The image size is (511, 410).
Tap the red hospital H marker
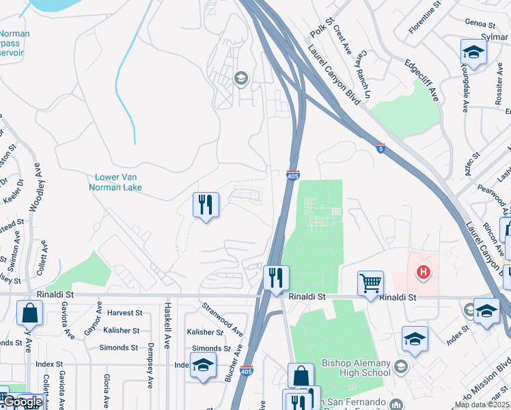coord(424,272)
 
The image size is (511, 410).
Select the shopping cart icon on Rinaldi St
coord(370,281)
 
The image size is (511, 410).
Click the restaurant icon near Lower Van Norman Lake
coord(206,204)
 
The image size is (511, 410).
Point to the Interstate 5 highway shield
coord(381,148)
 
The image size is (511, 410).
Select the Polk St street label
coord(320,27)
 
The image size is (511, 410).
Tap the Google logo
coord(23,402)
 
